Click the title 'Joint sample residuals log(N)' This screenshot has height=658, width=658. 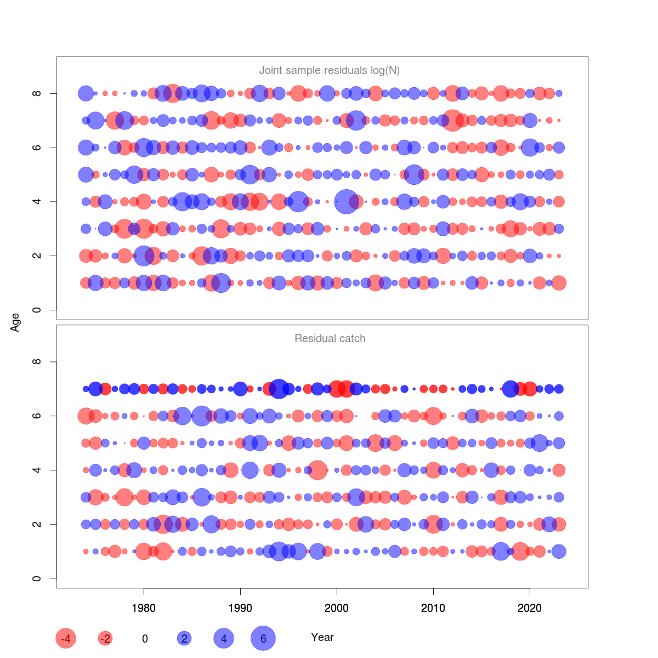click(x=329, y=70)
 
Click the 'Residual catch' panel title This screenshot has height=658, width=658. click(x=330, y=338)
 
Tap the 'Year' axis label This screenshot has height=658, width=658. click(x=322, y=637)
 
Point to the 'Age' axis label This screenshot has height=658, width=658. click(x=15, y=322)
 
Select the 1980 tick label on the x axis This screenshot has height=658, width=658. click(x=144, y=608)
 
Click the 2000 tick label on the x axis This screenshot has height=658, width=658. click(x=337, y=608)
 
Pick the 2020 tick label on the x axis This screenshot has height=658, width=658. click(x=530, y=608)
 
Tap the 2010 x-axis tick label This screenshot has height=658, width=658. click(x=433, y=608)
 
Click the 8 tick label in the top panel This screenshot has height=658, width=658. click(x=37, y=93)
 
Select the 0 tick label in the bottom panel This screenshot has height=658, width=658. click(x=37, y=578)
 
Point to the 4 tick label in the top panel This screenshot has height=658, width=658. click(x=37, y=202)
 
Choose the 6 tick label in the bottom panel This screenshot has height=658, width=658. click(x=37, y=416)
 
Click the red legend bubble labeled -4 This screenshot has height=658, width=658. click(x=66, y=638)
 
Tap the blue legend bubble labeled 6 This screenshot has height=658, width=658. click(x=263, y=638)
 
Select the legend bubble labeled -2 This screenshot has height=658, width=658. click(x=105, y=638)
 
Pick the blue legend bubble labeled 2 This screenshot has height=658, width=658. click(x=184, y=638)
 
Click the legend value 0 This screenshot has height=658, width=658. click(x=145, y=639)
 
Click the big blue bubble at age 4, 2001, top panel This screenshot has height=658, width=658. click(x=346, y=202)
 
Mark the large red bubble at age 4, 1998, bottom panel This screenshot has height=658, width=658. click(x=317, y=470)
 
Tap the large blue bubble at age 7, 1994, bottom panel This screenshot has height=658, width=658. click(x=279, y=389)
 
